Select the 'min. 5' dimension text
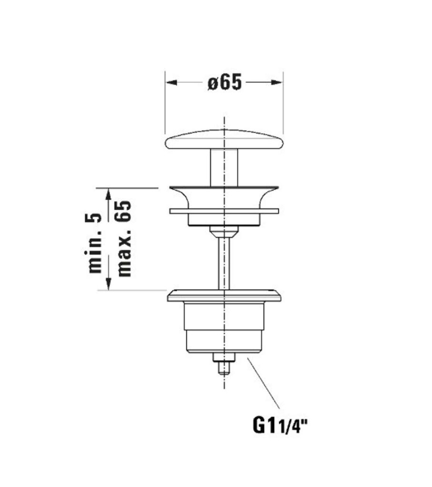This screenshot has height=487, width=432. click(x=95, y=243)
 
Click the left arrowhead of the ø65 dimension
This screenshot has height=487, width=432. click(x=171, y=82)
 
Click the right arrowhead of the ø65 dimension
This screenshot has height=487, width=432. click(x=278, y=82)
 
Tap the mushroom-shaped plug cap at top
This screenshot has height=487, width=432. click(x=224, y=141)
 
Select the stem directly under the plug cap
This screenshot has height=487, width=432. click(x=224, y=167)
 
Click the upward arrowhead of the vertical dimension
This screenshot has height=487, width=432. click(x=109, y=194)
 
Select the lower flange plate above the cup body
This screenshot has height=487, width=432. click(x=224, y=296)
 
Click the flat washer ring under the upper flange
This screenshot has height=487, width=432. click(x=224, y=210)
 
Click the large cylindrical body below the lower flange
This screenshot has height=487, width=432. click(x=224, y=328)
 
